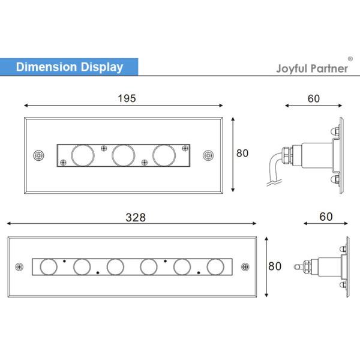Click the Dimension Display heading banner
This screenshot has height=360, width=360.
tap(69, 67)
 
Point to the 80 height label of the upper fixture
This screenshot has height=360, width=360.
tap(242, 154)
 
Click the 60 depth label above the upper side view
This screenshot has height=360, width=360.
tap(314, 98)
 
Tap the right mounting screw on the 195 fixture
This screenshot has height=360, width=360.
tap(208, 155)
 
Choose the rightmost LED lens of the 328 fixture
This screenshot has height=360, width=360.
tap(214, 266)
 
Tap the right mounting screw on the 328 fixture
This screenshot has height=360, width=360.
tap(244, 266)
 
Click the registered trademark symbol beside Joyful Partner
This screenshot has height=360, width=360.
tap(350, 59)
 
